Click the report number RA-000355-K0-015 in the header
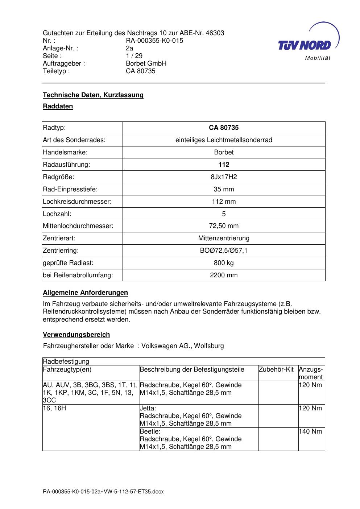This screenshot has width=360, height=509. point(154,41)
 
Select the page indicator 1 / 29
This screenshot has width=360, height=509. point(134,56)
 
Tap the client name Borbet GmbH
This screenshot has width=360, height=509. point(146,63)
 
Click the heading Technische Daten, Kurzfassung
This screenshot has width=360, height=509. point(93,95)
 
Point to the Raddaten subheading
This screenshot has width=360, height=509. point(58,106)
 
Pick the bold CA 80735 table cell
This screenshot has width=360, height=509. point(224,128)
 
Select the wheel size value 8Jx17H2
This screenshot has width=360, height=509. point(224,177)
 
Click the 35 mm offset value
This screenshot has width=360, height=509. point(224,189)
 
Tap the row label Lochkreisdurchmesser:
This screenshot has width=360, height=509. point(77,202)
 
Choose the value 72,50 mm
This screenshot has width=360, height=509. point(224,226)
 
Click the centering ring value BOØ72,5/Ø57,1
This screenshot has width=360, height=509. point(224,251)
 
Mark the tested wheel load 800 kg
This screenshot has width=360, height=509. point(224,263)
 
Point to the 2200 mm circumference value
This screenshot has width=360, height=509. point(224,275)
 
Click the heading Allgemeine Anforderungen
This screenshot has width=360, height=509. point(86,293)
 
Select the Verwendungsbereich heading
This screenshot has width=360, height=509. point(76,335)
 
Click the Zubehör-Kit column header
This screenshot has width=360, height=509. point(276,369)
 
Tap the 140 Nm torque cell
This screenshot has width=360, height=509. point(310,431)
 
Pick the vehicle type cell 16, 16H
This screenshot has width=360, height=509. point(54,408)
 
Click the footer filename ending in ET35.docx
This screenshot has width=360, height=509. point(103,492)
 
